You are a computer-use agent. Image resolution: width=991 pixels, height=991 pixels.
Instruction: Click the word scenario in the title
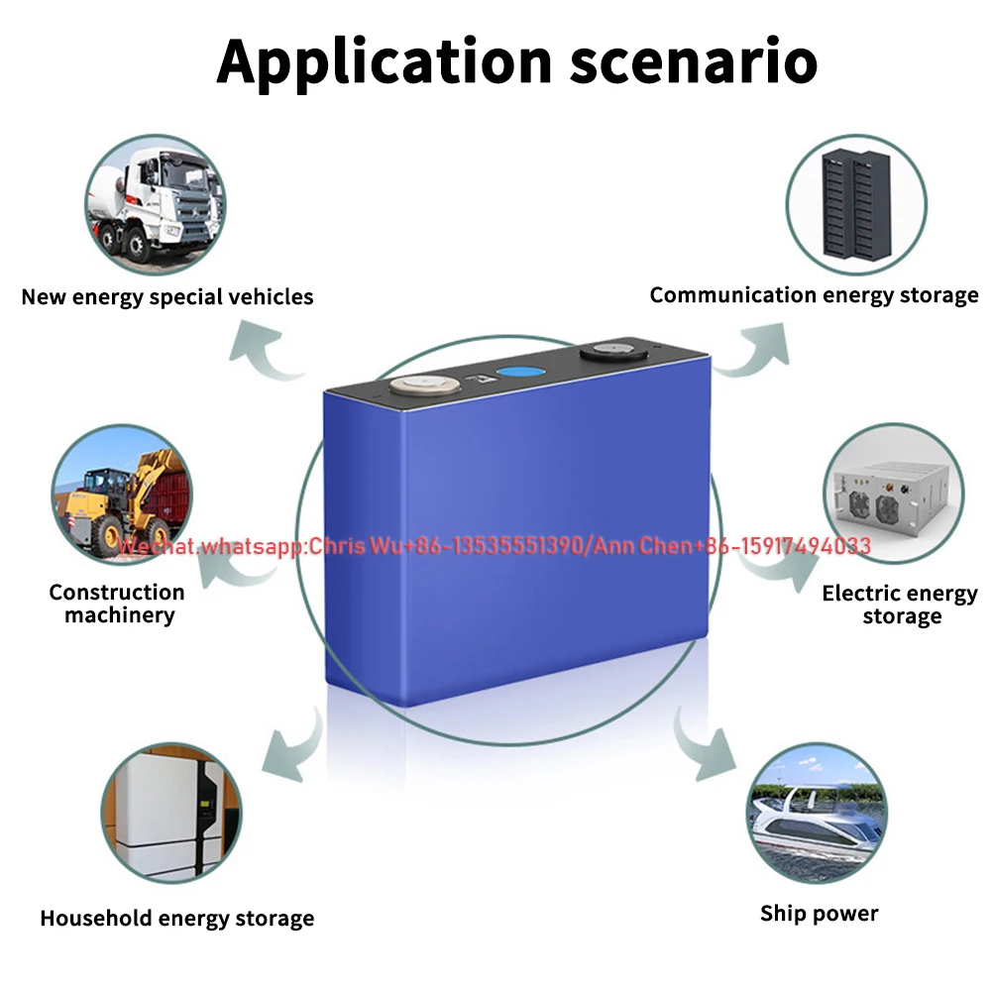694,61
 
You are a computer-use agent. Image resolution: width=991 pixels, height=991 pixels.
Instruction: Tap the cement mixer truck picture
154,204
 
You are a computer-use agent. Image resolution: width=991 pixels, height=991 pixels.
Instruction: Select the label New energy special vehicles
167,296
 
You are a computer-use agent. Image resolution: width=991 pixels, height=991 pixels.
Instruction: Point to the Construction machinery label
117,604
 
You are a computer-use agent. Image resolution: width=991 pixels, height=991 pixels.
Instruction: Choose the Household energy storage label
176,919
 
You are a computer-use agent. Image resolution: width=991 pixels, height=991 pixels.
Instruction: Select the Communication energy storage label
814,295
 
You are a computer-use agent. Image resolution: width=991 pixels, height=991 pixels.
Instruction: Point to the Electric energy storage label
900,605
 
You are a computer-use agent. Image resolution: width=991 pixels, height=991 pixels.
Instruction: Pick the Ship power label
819,914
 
